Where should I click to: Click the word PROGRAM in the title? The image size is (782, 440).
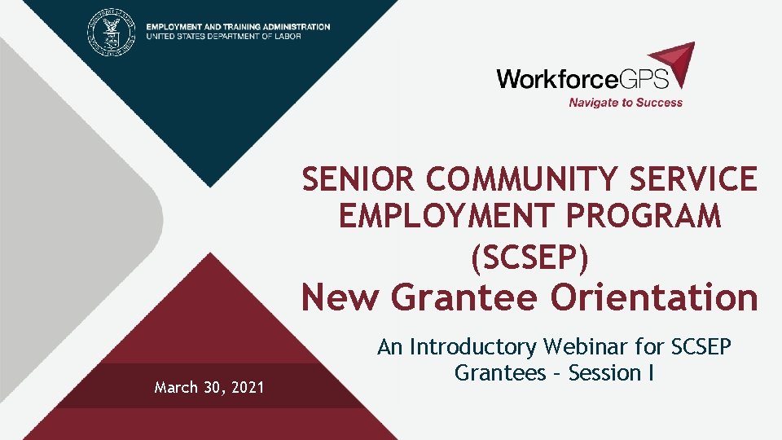coord(654,218)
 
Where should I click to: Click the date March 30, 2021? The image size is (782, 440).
coord(209,388)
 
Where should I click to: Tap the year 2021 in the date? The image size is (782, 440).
coord(246,388)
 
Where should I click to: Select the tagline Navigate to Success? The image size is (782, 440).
coord(626,103)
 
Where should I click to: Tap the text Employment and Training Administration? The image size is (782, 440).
coord(239,26)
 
